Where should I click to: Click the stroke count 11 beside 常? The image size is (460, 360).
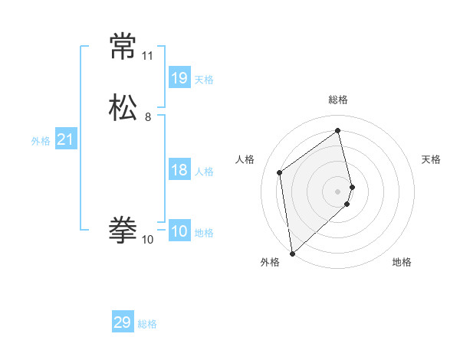point(147,56)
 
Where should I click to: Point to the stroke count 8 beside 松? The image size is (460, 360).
point(148,117)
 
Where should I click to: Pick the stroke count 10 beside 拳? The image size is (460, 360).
point(147,240)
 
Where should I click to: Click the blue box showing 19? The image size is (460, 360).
point(179,78)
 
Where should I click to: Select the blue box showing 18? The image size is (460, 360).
point(179,170)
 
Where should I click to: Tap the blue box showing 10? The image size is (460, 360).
point(179,231)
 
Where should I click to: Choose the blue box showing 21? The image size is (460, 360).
point(65,139)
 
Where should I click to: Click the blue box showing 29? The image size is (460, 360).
point(123,322)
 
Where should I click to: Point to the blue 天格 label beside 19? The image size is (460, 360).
point(204,80)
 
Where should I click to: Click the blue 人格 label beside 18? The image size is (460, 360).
point(204,172)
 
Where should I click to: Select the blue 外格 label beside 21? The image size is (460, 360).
point(41,141)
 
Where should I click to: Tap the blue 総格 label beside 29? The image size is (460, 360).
point(147,324)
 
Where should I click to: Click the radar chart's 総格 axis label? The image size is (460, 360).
point(338,100)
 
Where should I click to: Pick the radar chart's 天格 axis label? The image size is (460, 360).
point(431,159)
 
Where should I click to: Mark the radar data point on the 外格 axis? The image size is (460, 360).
point(291,253)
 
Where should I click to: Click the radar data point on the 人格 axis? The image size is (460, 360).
point(280,172)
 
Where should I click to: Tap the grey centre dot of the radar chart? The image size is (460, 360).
point(338,191)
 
